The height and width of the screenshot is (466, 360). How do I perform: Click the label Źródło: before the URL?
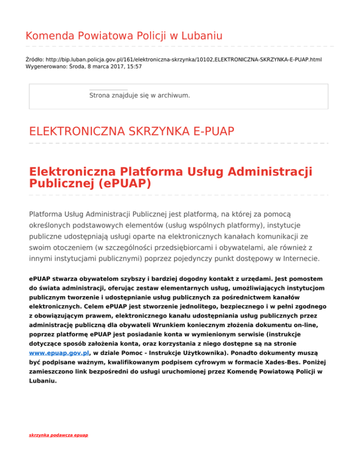pos(35,60)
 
